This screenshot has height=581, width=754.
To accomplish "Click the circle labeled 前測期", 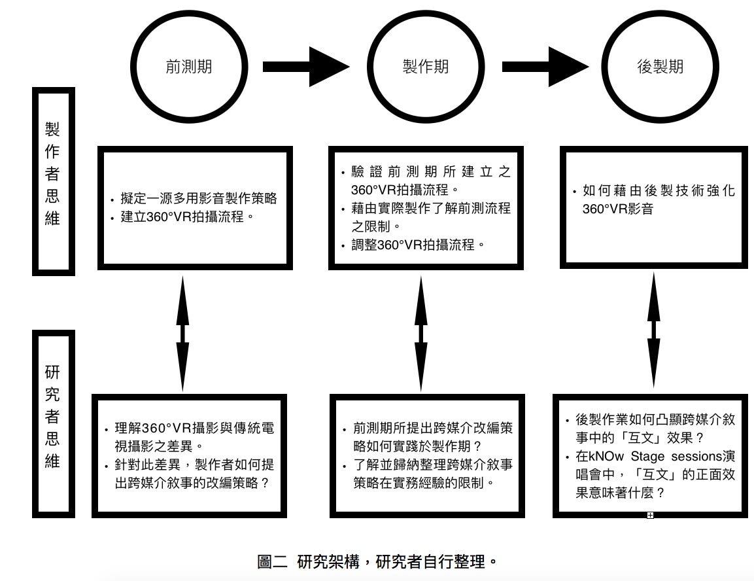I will (x=189, y=67).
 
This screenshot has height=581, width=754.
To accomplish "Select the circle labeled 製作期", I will (x=425, y=67).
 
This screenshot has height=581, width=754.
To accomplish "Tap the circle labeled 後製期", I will (x=660, y=67).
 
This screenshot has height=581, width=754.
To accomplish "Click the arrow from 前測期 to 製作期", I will (x=305, y=67).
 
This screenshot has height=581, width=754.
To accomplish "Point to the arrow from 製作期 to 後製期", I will (x=544, y=67).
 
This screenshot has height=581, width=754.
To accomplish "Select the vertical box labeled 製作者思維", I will (x=54, y=181).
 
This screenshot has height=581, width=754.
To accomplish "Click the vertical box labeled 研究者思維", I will (x=54, y=423).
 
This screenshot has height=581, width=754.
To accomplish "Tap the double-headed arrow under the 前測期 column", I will (x=182, y=334).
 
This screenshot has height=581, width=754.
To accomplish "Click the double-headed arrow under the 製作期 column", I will (x=421, y=334).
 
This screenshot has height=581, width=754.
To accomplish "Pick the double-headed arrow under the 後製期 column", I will (x=653, y=334).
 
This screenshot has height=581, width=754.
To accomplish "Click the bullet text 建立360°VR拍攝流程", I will (x=187, y=217).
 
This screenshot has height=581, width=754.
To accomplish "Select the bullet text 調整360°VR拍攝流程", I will (x=419, y=245).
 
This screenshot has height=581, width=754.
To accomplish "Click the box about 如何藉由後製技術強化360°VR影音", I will (x=654, y=207).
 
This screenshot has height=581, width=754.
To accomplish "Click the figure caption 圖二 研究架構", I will (x=378, y=561).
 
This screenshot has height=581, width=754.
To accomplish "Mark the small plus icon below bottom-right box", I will (x=650, y=516).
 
